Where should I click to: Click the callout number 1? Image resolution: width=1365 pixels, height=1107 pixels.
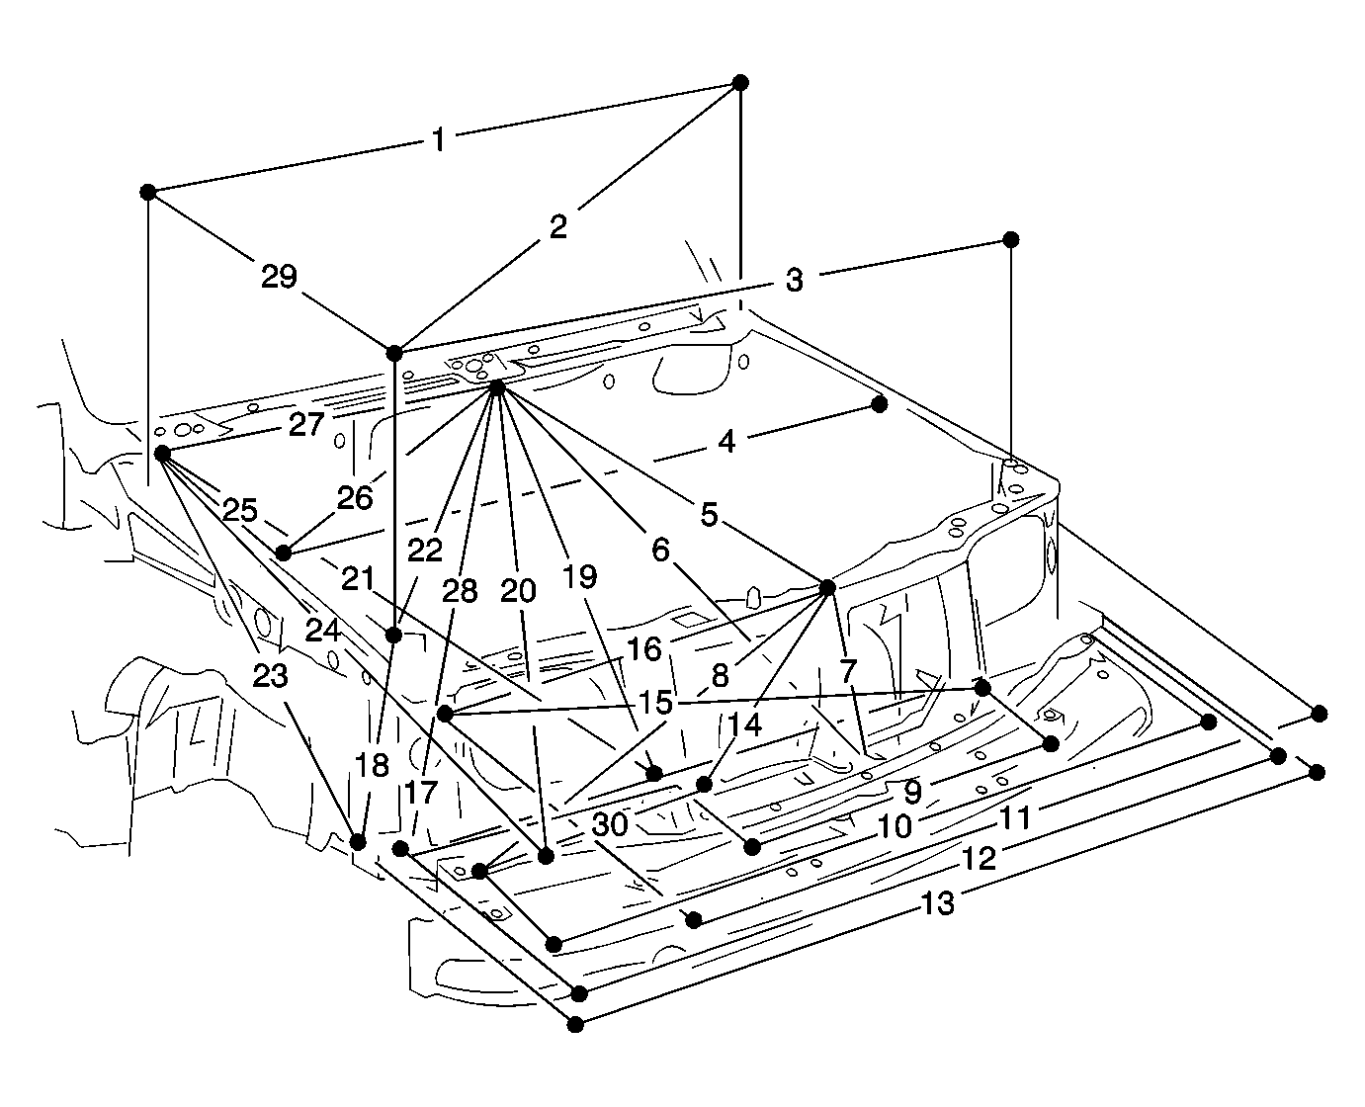coord(438,139)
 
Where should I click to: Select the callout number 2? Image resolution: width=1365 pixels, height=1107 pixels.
coord(557,226)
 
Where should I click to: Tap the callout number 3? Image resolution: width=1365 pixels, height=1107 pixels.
coord(794,281)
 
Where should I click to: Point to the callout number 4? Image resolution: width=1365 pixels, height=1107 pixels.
coord(726,442)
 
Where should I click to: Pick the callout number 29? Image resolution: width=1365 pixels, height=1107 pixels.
coord(280,276)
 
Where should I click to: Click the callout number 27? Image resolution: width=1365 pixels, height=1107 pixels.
coord(306,425)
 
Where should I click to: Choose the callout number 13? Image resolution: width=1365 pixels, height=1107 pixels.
coord(938,904)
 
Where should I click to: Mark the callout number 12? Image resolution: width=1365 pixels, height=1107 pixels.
coord(979,859)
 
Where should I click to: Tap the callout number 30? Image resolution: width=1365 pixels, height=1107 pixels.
coord(610,824)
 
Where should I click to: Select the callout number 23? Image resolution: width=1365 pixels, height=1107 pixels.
coord(270,675)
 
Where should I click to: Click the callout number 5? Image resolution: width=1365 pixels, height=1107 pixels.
coord(709,514)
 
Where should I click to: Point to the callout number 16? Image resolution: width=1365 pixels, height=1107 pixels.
coord(644,649)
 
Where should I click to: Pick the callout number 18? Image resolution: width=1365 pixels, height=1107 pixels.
coord(372,765)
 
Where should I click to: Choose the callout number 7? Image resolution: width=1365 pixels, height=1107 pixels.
coord(848,671)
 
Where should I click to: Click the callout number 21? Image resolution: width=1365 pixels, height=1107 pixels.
coord(358,579)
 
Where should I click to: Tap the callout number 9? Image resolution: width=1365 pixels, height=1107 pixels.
coord(912,792)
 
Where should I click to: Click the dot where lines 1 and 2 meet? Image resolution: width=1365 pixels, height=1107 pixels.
coord(740,82)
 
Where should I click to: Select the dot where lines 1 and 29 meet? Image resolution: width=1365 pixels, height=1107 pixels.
coord(148,192)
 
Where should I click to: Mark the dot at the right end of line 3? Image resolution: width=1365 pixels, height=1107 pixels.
coord(1010,239)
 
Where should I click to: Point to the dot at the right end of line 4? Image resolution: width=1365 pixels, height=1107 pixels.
coord(880,404)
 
